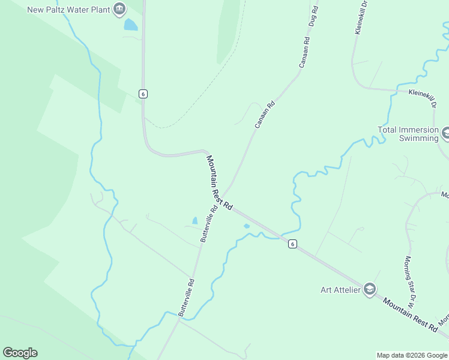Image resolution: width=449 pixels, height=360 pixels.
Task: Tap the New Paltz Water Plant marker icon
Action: [119, 9]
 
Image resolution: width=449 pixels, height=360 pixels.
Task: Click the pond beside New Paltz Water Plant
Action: [130, 25]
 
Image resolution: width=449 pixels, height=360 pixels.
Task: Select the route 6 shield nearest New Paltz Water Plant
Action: [142, 94]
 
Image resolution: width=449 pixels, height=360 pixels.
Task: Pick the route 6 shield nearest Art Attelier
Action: [292, 244]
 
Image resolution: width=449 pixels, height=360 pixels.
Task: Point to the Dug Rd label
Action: [312, 17]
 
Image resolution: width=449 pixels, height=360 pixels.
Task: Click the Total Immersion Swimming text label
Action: [408, 134]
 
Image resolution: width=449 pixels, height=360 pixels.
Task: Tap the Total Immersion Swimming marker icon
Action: [445, 132]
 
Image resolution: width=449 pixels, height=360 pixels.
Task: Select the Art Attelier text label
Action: [340, 290]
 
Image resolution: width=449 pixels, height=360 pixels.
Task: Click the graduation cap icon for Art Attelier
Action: [369, 290]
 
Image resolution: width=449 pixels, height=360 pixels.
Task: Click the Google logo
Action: [20, 353]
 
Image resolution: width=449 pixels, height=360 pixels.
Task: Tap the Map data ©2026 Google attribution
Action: [412, 355]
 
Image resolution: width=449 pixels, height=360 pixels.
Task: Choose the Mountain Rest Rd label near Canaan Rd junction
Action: [219, 182]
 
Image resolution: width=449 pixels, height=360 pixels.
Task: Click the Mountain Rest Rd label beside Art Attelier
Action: [410, 313]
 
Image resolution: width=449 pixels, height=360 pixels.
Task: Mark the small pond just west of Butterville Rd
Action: [194, 221]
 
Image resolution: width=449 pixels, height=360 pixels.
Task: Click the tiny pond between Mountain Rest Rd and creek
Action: [247, 226]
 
